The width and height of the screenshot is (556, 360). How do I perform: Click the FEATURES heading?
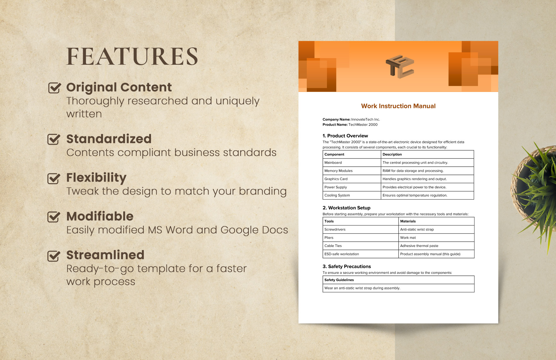coord(132,57)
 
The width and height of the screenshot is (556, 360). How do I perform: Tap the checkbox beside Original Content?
coord(54,88)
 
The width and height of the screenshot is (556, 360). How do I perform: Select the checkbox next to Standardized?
coord(54,139)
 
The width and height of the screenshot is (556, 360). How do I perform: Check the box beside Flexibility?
coord(54,178)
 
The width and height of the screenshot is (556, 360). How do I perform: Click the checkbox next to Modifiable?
coord(54,217)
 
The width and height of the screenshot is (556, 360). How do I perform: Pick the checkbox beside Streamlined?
coord(54,256)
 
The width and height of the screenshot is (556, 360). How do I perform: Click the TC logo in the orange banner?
coord(400,67)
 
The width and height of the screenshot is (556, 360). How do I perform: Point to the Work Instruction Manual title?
coord(398,106)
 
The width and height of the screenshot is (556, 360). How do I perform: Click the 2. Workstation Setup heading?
coord(346,208)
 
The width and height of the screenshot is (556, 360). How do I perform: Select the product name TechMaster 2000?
coord(363,125)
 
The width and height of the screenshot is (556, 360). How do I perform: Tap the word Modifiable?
coord(100,216)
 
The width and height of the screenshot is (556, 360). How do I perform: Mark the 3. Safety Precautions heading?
coord(347,267)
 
